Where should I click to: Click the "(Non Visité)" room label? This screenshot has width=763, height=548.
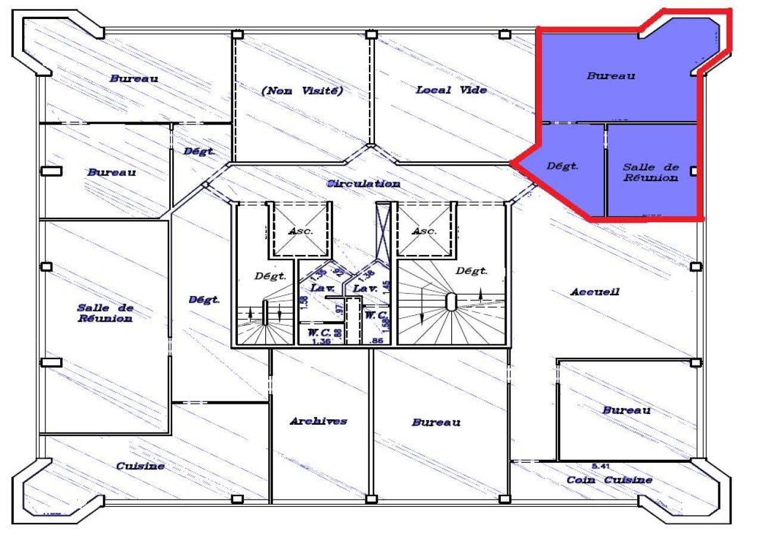(x=302, y=91)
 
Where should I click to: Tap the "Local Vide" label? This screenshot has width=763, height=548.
(x=451, y=90)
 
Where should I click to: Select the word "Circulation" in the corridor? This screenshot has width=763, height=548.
(x=364, y=183)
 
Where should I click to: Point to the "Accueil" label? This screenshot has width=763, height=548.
(x=595, y=292)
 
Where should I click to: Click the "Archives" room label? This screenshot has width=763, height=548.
(x=318, y=421)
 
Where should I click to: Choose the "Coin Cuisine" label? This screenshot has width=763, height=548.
(x=609, y=479)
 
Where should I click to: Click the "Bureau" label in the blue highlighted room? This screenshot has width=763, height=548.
(x=611, y=76)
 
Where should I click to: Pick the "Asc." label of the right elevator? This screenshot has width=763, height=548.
(x=424, y=231)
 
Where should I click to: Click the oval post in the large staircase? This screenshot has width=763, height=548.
(x=451, y=302)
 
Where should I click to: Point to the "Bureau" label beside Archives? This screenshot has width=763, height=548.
(x=436, y=422)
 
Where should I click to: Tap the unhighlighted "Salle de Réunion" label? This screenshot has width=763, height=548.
(x=105, y=313)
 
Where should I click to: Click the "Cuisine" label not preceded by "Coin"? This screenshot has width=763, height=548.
(x=140, y=466)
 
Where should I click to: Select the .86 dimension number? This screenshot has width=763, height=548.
(x=376, y=341)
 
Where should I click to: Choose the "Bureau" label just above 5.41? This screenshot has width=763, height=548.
(x=626, y=410)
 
